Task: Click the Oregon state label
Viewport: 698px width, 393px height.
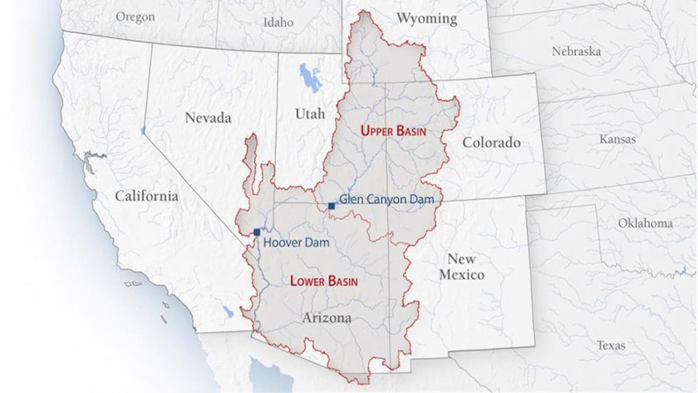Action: pos(136,17)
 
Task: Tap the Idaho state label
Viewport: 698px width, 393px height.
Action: pos(278,22)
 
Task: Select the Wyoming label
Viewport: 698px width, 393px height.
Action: pos(427,19)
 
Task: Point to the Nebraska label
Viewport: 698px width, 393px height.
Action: pos(576,52)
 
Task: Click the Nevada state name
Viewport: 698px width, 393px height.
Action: pos(208,118)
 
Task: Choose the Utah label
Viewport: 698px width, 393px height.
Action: pos(310,114)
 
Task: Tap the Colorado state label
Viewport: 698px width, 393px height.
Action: pos(492,143)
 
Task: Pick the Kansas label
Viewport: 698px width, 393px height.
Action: pos(618,139)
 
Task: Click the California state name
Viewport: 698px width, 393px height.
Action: pos(147,196)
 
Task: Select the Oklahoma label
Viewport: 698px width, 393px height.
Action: pos(645,223)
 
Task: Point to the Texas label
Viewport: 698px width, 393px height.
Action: pos(611,346)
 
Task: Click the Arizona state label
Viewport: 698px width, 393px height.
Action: pos(327,318)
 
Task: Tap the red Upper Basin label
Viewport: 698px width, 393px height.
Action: pos(393,131)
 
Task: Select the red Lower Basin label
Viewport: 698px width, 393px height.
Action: pos(324,281)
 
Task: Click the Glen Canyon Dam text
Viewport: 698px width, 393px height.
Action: pos(387,199)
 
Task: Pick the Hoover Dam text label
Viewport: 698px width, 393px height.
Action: pos(296,242)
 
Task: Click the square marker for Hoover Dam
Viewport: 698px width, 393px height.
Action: pos(257,232)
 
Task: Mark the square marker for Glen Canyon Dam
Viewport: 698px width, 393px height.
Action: pos(332,206)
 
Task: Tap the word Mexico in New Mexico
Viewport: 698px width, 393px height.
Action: pos(462,275)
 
